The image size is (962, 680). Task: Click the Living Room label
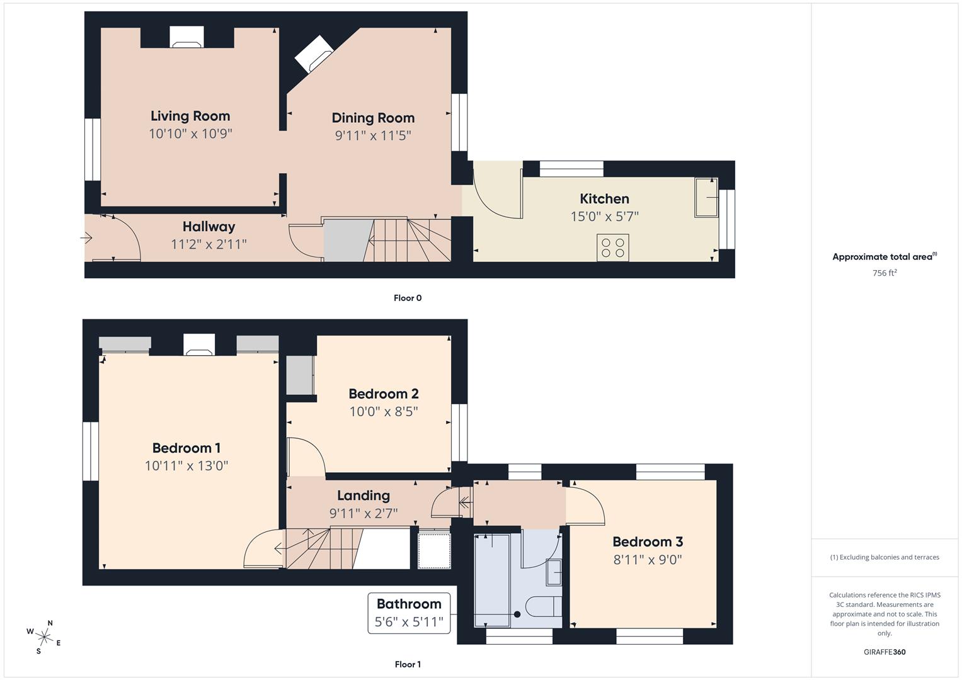point(190,116)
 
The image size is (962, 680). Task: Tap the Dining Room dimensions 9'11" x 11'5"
point(373,135)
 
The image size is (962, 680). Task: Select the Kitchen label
point(604,199)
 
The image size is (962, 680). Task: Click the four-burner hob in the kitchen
point(612,247)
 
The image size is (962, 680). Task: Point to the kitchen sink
point(706,198)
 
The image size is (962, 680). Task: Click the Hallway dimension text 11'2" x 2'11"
point(209,244)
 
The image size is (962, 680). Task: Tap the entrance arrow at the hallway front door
point(87,238)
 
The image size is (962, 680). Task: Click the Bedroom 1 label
point(186,448)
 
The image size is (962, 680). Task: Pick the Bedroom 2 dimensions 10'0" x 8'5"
point(384,412)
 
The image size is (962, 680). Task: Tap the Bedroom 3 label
point(648,541)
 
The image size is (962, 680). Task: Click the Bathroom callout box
point(409,613)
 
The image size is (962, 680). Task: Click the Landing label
point(364,496)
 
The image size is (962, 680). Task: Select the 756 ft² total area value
point(885,273)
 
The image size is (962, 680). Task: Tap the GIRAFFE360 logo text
point(885,652)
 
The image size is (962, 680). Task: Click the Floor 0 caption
point(408,298)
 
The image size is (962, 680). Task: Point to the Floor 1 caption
point(408,664)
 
